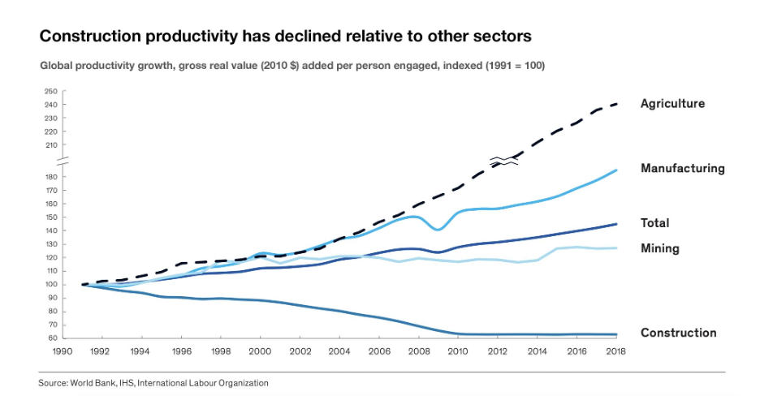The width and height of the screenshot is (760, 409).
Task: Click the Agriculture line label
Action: (672, 104)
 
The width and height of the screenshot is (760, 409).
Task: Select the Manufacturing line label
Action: (682, 169)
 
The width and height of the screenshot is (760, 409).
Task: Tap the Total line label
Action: (654, 223)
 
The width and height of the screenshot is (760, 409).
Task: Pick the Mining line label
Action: (659, 248)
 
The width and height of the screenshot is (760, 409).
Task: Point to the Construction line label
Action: (678, 333)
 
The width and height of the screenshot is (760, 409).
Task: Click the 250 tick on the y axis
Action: (50, 92)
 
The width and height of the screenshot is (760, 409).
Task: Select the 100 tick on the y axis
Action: (50, 285)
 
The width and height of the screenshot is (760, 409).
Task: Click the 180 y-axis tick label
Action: (50, 178)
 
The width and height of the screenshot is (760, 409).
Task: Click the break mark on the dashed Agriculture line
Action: (503, 160)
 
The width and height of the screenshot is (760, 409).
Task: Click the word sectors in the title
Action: (503, 37)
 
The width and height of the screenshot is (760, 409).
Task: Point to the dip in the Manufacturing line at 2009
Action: (438, 230)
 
